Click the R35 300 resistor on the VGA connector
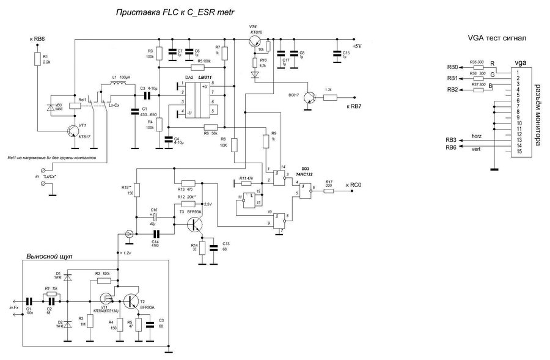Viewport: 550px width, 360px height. [477, 67]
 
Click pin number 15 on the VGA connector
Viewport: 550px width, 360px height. [518, 152]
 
